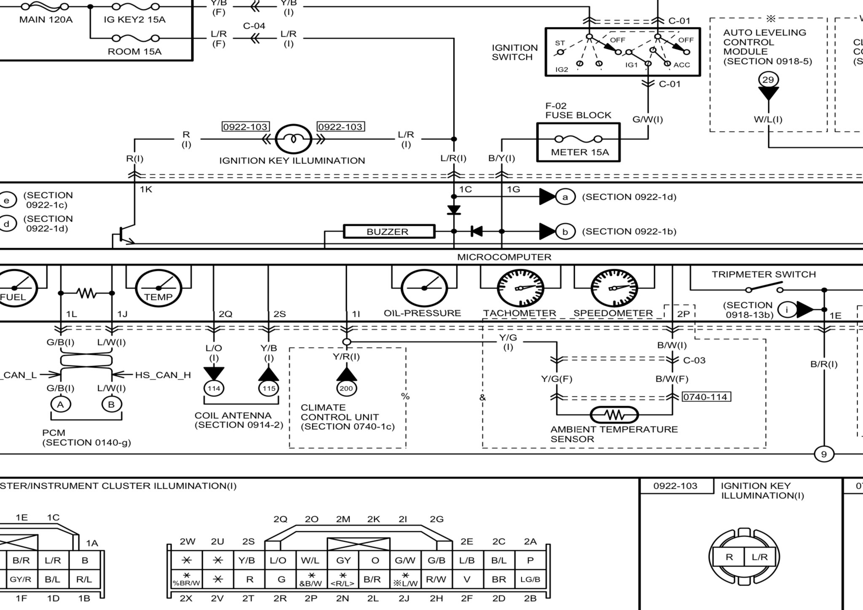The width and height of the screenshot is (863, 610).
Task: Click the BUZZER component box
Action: tap(389, 231)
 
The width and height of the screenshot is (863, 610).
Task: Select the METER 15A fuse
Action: tap(578, 139)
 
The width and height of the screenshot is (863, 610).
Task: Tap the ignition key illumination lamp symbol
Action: tap(293, 139)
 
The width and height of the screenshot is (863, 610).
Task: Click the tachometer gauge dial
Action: tap(520, 288)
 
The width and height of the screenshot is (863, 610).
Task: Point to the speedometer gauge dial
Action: tap(614, 288)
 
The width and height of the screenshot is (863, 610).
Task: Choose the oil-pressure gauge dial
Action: tap(424, 288)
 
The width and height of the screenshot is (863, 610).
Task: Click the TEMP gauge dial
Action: tap(158, 288)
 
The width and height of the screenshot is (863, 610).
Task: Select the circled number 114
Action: tap(214, 388)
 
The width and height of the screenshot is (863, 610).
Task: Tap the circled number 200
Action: tap(346, 388)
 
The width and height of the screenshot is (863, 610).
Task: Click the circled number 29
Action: tap(768, 80)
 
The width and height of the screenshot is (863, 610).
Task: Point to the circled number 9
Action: tap(824, 454)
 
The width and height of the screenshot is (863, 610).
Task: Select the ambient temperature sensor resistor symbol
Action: tap(614, 415)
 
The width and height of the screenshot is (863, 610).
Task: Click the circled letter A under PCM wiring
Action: tap(61, 404)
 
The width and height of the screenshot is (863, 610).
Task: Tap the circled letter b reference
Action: tap(565, 232)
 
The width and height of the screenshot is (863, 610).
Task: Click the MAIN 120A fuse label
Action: tap(46, 19)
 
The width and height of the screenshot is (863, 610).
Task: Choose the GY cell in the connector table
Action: tap(343, 560)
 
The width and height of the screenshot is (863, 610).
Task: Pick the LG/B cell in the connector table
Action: tap(530, 579)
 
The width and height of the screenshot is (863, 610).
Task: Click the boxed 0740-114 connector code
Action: tap(707, 397)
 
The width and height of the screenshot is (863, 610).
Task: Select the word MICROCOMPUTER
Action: tap(504, 257)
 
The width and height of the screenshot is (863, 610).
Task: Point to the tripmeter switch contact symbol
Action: tap(764, 288)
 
